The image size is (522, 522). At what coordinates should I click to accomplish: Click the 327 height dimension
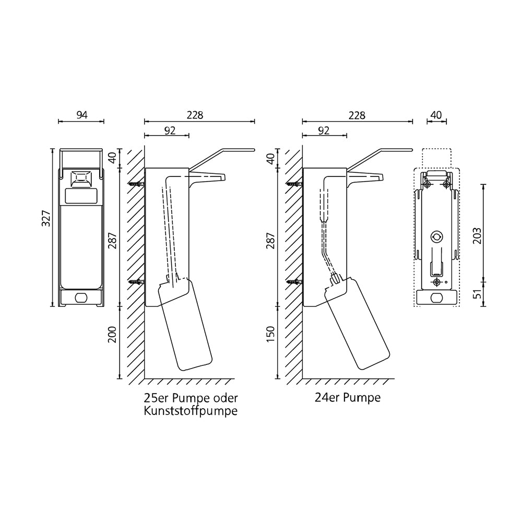[x=46, y=218]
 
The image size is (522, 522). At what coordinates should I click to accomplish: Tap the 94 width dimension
[x=82, y=115]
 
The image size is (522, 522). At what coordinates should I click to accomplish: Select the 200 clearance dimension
[x=112, y=335]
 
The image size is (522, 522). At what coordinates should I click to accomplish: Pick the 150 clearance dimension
[x=270, y=334]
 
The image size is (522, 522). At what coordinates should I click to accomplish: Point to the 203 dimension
[x=477, y=236]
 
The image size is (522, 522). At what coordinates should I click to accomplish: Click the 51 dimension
[x=477, y=294]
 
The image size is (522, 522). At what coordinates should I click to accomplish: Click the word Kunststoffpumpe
[x=191, y=411]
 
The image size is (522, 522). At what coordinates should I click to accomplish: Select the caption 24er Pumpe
[x=347, y=398]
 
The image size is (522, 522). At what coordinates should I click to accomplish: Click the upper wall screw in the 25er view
[x=136, y=184]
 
